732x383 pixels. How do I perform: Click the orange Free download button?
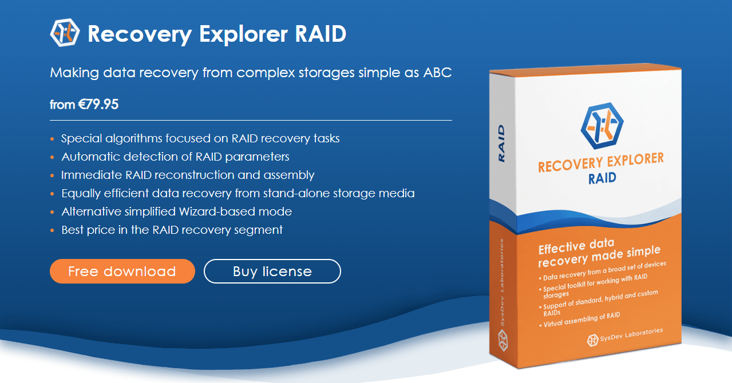(122, 272)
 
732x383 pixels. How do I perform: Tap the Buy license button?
(272, 272)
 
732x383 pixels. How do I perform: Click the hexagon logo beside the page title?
(65, 33)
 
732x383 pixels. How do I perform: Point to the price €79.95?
(98, 105)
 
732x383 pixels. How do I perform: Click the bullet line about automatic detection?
(175, 157)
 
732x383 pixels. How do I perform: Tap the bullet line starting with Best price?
(172, 230)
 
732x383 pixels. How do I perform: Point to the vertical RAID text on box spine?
(501, 143)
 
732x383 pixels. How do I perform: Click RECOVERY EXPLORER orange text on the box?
(600, 162)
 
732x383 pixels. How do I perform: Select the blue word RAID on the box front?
(603, 178)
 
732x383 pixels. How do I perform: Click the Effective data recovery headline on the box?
(599, 253)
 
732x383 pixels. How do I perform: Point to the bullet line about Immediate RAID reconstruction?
(188, 175)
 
